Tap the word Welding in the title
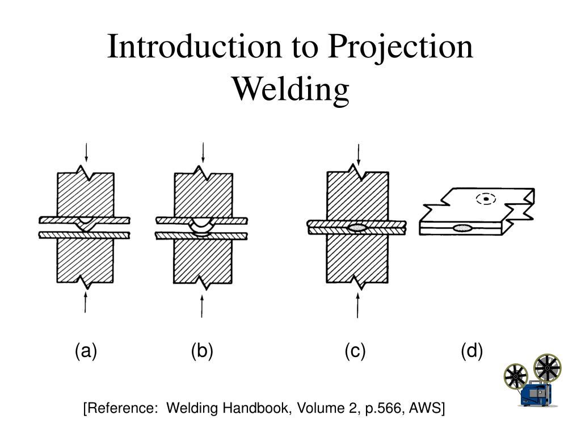coord(290,90)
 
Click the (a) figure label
coord(86,351)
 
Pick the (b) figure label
coord(203,351)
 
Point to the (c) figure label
coord(355,351)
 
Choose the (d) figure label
coord(471,351)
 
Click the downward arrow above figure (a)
coord(86,152)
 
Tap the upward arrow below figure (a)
coord(86,303)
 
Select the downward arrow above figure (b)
coord(203,152)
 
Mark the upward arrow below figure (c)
coord(357,305)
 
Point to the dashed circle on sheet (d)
coord(486,199)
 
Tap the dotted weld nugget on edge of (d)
coord(462,228)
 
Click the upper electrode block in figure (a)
coord(86,194)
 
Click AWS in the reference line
coord(424,408)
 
